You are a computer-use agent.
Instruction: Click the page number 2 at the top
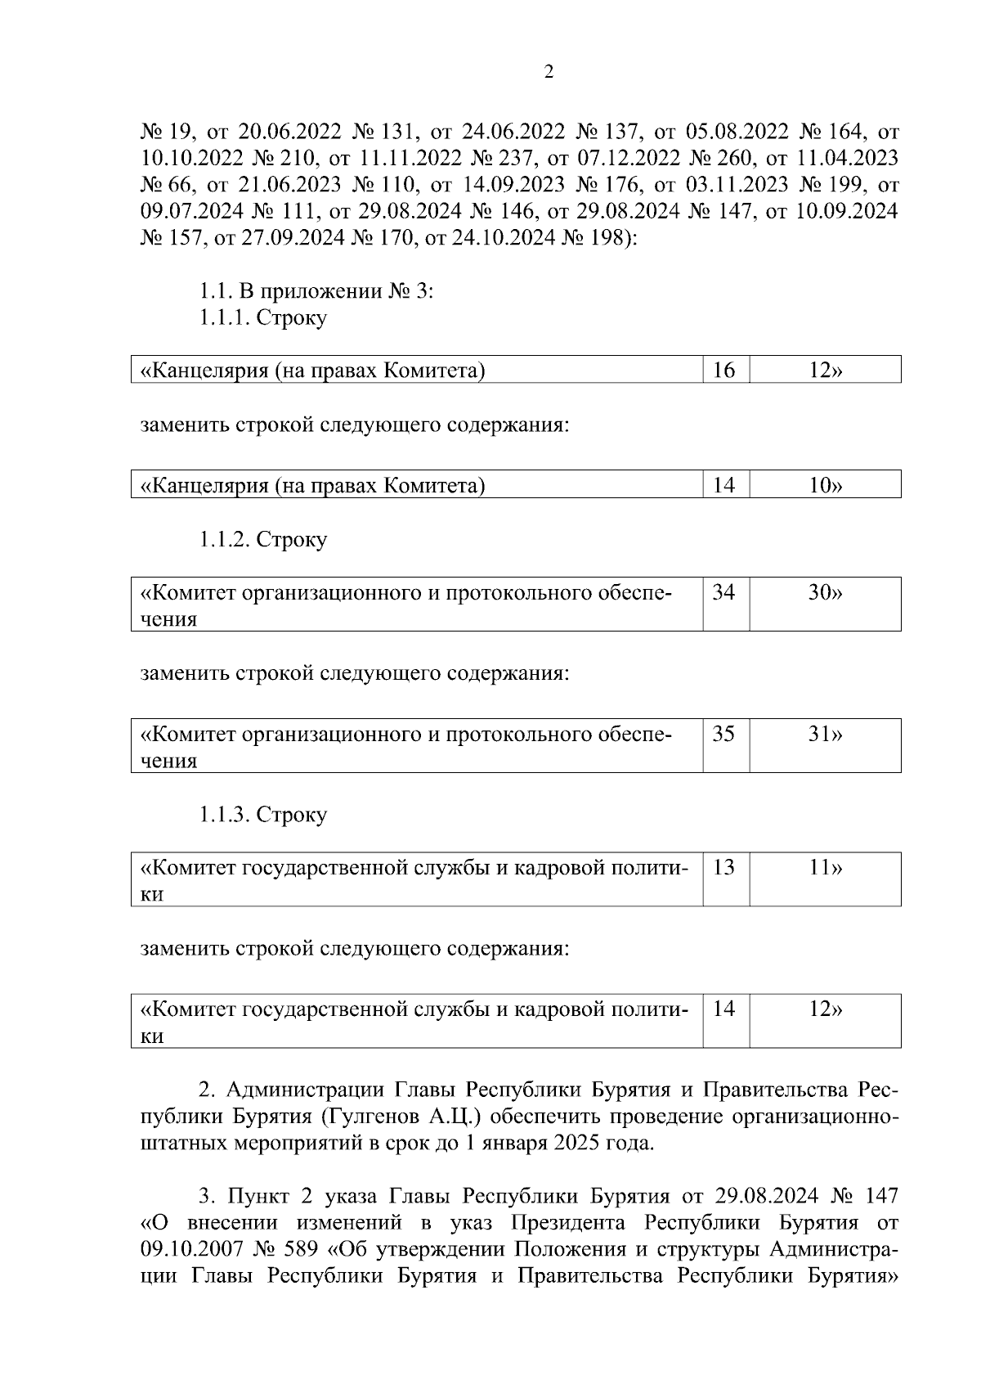[549, 72]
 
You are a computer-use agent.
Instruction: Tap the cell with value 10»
[825, 485]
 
